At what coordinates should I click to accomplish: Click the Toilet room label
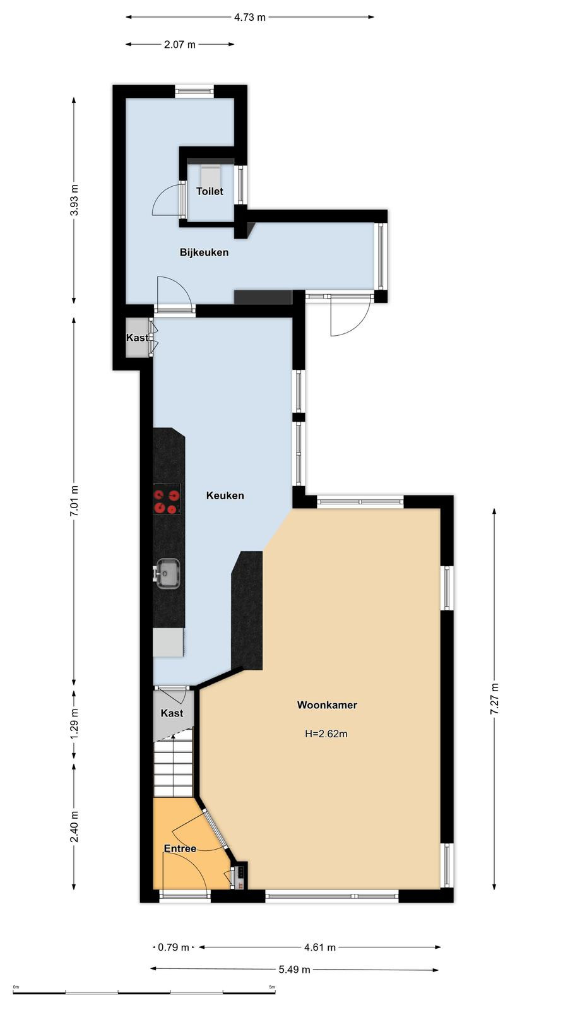tap(210, 191)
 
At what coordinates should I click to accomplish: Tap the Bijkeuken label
tap(204, 252)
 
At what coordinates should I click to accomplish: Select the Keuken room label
tap(225, 496)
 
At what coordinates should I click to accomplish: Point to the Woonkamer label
tap(327, 704)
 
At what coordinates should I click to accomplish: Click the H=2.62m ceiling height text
tap(326, 734)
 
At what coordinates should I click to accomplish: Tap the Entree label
tap(180, 848)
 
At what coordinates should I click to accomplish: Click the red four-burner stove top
tap(167, 499)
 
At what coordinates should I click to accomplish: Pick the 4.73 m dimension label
tap(250, 18)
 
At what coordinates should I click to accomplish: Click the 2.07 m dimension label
tap(180, 45)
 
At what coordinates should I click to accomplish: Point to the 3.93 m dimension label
tap(74, 199)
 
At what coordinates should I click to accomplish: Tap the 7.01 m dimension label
tap(74, 502)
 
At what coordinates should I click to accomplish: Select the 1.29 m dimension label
tap(74, 723)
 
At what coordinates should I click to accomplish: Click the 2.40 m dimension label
tap(74, 826)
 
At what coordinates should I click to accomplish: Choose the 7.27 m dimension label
tap(495, 698)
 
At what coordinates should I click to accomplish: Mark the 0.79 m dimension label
tap(174, 948)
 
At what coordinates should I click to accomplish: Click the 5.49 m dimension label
tap(294, 970)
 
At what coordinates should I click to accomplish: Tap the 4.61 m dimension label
tap(319, 948)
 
